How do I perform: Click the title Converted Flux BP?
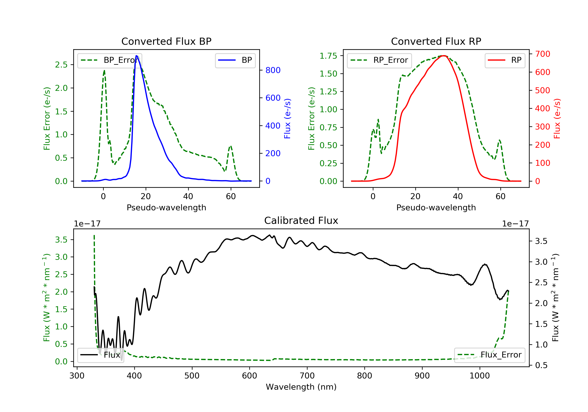(x=166, y=41)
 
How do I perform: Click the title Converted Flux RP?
(x=436, y=41)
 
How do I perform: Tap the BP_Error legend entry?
(x=109, y=60)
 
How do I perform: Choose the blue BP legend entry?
(x=235, y=60)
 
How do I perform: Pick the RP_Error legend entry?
(x=379, y=60)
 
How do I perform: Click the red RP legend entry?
(x=505, y=60)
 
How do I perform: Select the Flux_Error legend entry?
(x=489, y=355)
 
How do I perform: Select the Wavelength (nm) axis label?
(x=301, y=387)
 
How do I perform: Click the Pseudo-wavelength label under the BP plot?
(x=166, y=207)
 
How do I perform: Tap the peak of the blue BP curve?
(x=136, y=56)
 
